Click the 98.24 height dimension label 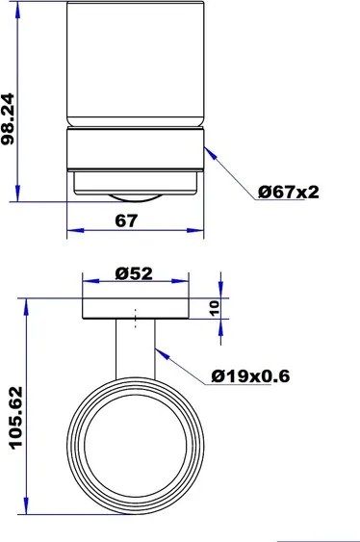pyautogui.click(x=8, y=119)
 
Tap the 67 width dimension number pyautogui.click(x=126, y=220)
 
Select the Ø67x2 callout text pyautogui.click(x=289, y=193)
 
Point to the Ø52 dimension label pyautogui.click(x=134, y=273)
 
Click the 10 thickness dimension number pyautogui.click(x=214, y=308)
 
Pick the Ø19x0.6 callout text pyautogui.click(x=250, y=376)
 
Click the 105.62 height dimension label pyautogui.click(x=16, y=418)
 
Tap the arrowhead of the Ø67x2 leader pyautogui.click(x=211, y=153)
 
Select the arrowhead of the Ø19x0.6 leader pyautogui.click(x=162, y=354)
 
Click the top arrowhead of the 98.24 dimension pyautogui.click(x=17, y=10)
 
